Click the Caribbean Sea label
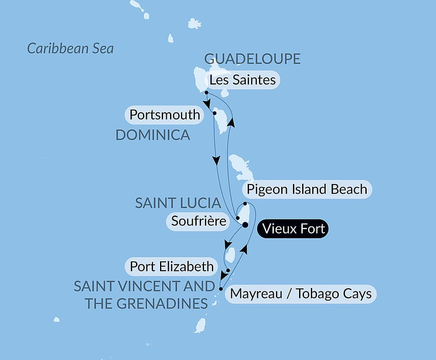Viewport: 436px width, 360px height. [x=70, y=48]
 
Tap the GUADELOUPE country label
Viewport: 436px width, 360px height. [x=252, y=58]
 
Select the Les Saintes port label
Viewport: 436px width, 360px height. [x=242, y=80]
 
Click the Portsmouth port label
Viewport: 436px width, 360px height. [x=165, y=115]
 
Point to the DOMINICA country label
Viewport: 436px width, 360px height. [x=153, y=135]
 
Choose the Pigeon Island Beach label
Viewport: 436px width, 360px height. [x=307, y=189]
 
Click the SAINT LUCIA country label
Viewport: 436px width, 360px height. [x=177, y=203]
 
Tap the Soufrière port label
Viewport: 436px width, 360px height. [x=198, y=221]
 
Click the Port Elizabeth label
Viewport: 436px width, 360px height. [x=172, y=266]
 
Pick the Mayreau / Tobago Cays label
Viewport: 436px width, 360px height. [x=301, y=294]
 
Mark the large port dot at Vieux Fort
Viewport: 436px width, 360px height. [x=245, y=225]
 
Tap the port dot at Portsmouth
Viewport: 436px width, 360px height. [x=215, y=113]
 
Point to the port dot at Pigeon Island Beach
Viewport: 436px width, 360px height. [x=245, y=204]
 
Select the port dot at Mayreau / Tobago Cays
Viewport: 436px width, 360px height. [x=221, y=288]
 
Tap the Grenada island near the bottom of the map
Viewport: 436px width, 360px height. [x=200, y=326]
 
